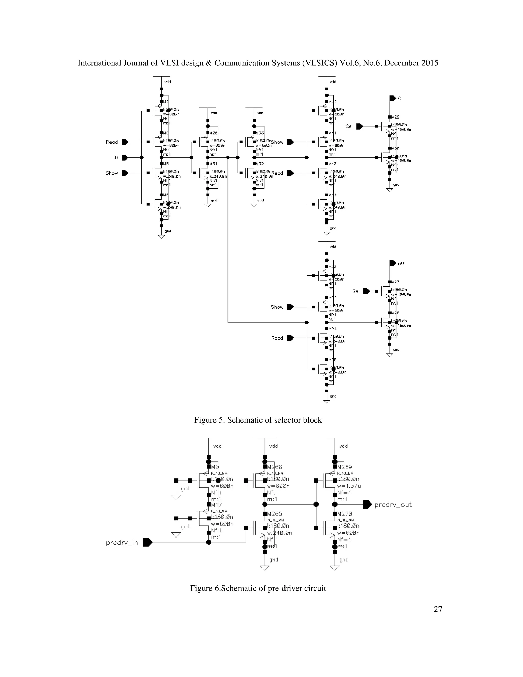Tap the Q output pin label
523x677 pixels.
click(x=400, y=99)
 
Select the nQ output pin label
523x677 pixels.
click(x=401, y=263)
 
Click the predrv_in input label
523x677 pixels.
click(x=122, y=542)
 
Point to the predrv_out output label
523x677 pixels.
click(x=393, y=504)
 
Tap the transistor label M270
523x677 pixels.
click(x=344, y=514)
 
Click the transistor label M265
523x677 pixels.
click(x=275, y=514)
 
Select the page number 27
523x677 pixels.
click(x=438, y=609)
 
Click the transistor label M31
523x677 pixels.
click(x=213, y=164)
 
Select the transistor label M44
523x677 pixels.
click(x=332, y=195)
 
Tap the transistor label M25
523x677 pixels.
click(x=332, y=360)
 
